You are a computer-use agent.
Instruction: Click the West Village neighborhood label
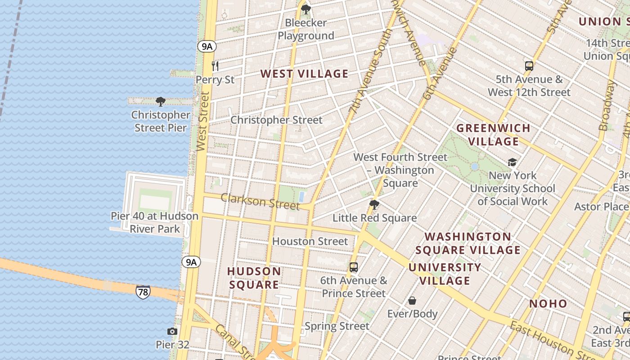tap(305, 74)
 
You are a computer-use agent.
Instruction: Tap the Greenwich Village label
tap(494, 135)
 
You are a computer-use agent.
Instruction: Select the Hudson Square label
tap(254, 278)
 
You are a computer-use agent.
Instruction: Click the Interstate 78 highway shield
tap(143, 292)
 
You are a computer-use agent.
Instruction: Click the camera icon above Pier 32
tap(172, 332)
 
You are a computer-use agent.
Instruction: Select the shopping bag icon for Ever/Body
tap(412, 301)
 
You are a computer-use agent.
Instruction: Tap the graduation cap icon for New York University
tap(512, 162)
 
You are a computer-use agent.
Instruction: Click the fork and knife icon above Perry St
tap(215, 66)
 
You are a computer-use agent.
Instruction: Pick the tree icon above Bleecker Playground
tap(306, 9)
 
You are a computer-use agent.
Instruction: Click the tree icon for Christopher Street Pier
tap(160, 102)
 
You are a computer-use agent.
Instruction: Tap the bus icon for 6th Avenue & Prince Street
tap(354, 267)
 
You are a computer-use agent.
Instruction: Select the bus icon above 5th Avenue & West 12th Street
tap(529, 66)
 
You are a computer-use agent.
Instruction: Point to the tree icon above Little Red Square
tap(374, 205)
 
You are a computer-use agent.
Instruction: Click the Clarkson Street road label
tap(260, 202)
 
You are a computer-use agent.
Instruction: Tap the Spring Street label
tap(337, 326)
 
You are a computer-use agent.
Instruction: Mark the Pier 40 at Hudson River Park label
tap(155, 222)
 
